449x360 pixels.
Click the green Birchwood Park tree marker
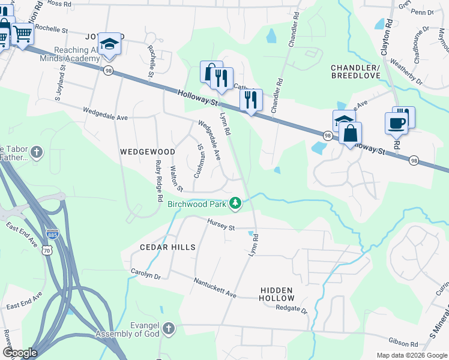pyautogui.click(x=236, y=205)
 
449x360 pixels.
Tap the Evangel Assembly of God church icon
pyautogui.click(x=169, y=329)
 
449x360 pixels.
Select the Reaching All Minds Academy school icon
pyautogui.click(x=109, y=44)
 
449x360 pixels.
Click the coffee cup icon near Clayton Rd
pyautogui.click(x=396, y=123)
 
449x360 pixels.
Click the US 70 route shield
pyautogui.click(x=46, y=251)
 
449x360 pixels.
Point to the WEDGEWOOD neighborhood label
pyautogui.click(x=147, y=152)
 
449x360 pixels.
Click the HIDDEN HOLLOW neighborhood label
pyautogui.click(x=277, y=294)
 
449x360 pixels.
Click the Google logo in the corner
pyautogui.click(x=19, y=353)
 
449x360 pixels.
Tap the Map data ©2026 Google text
pyautogui.click(x=411, y=355)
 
